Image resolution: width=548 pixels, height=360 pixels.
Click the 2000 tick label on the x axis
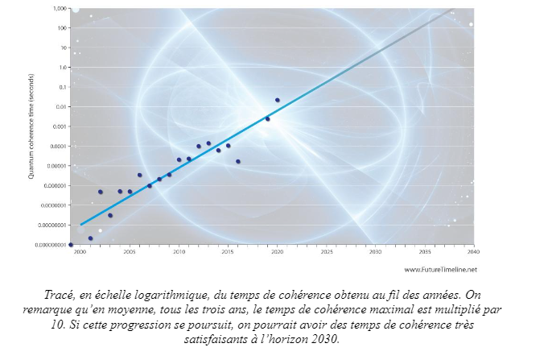(x=80, y=251)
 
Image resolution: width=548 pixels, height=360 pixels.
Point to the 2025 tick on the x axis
(x=326, y=251)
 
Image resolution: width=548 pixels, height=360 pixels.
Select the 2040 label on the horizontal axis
(x=473, y=251)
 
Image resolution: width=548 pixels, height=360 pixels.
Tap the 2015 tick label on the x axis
(x=228, y=251)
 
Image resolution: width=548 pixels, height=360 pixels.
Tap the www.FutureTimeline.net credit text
(x=440, y=269)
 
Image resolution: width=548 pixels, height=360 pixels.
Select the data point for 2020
(x=278, y=100)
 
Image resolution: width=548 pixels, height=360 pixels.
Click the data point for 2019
(x=267, y=118)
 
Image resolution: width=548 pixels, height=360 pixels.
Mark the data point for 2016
(x=238, y=161)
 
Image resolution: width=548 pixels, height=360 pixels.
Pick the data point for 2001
(x=90, y=238)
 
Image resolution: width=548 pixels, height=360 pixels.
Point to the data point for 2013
(x=208, y=143)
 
